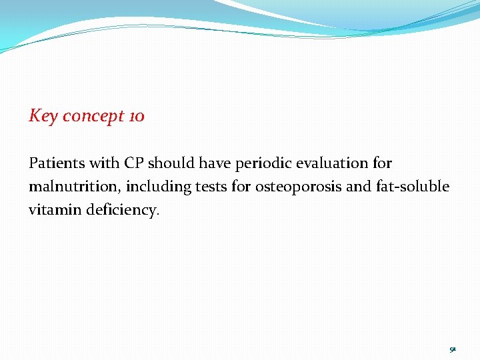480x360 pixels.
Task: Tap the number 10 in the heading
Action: click(136, 116)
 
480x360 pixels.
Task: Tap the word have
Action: click(216, 163)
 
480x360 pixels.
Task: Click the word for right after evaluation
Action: click(382, 163)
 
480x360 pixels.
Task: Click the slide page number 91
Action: click(452, 348)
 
